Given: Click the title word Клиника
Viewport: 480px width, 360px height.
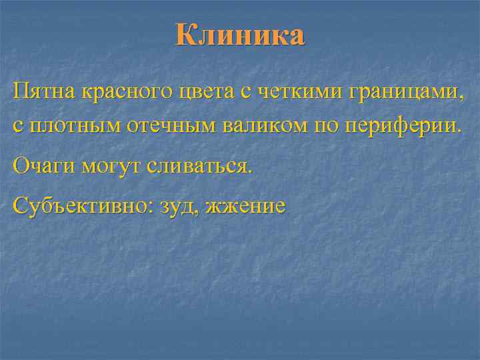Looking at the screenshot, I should pyautogui.click(x=241, y=35).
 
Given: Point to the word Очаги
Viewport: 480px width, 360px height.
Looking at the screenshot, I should pyautogui.click(x=44, y=166).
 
